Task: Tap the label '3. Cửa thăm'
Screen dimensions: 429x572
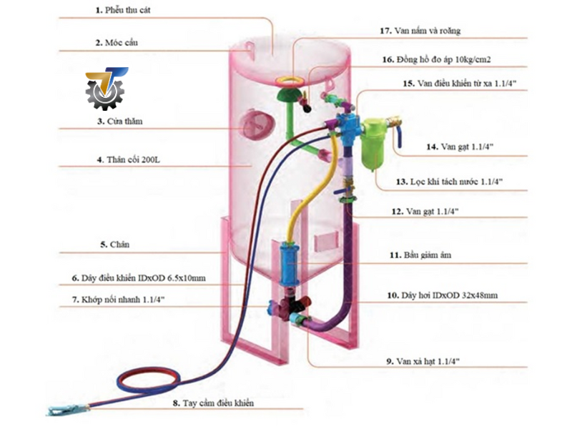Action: [119, 122]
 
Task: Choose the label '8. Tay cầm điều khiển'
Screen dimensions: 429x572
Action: [212, 403]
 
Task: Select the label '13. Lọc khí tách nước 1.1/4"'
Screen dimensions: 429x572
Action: [449, 182]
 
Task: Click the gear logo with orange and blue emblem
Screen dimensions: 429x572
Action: [105, 89]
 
